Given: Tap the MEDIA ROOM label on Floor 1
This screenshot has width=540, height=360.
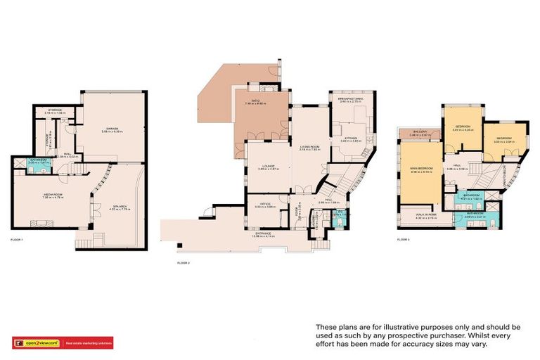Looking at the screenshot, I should pyautogui.click(x=49, y=196).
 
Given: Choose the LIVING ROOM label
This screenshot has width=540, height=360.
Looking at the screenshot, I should pyautogui.click(x=309, y=146).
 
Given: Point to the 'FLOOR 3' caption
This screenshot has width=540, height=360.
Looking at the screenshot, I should pyautogui.click(x=403, y=240).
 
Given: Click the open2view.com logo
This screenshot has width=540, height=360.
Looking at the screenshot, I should pyautogui.click(x=37, y=342).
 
